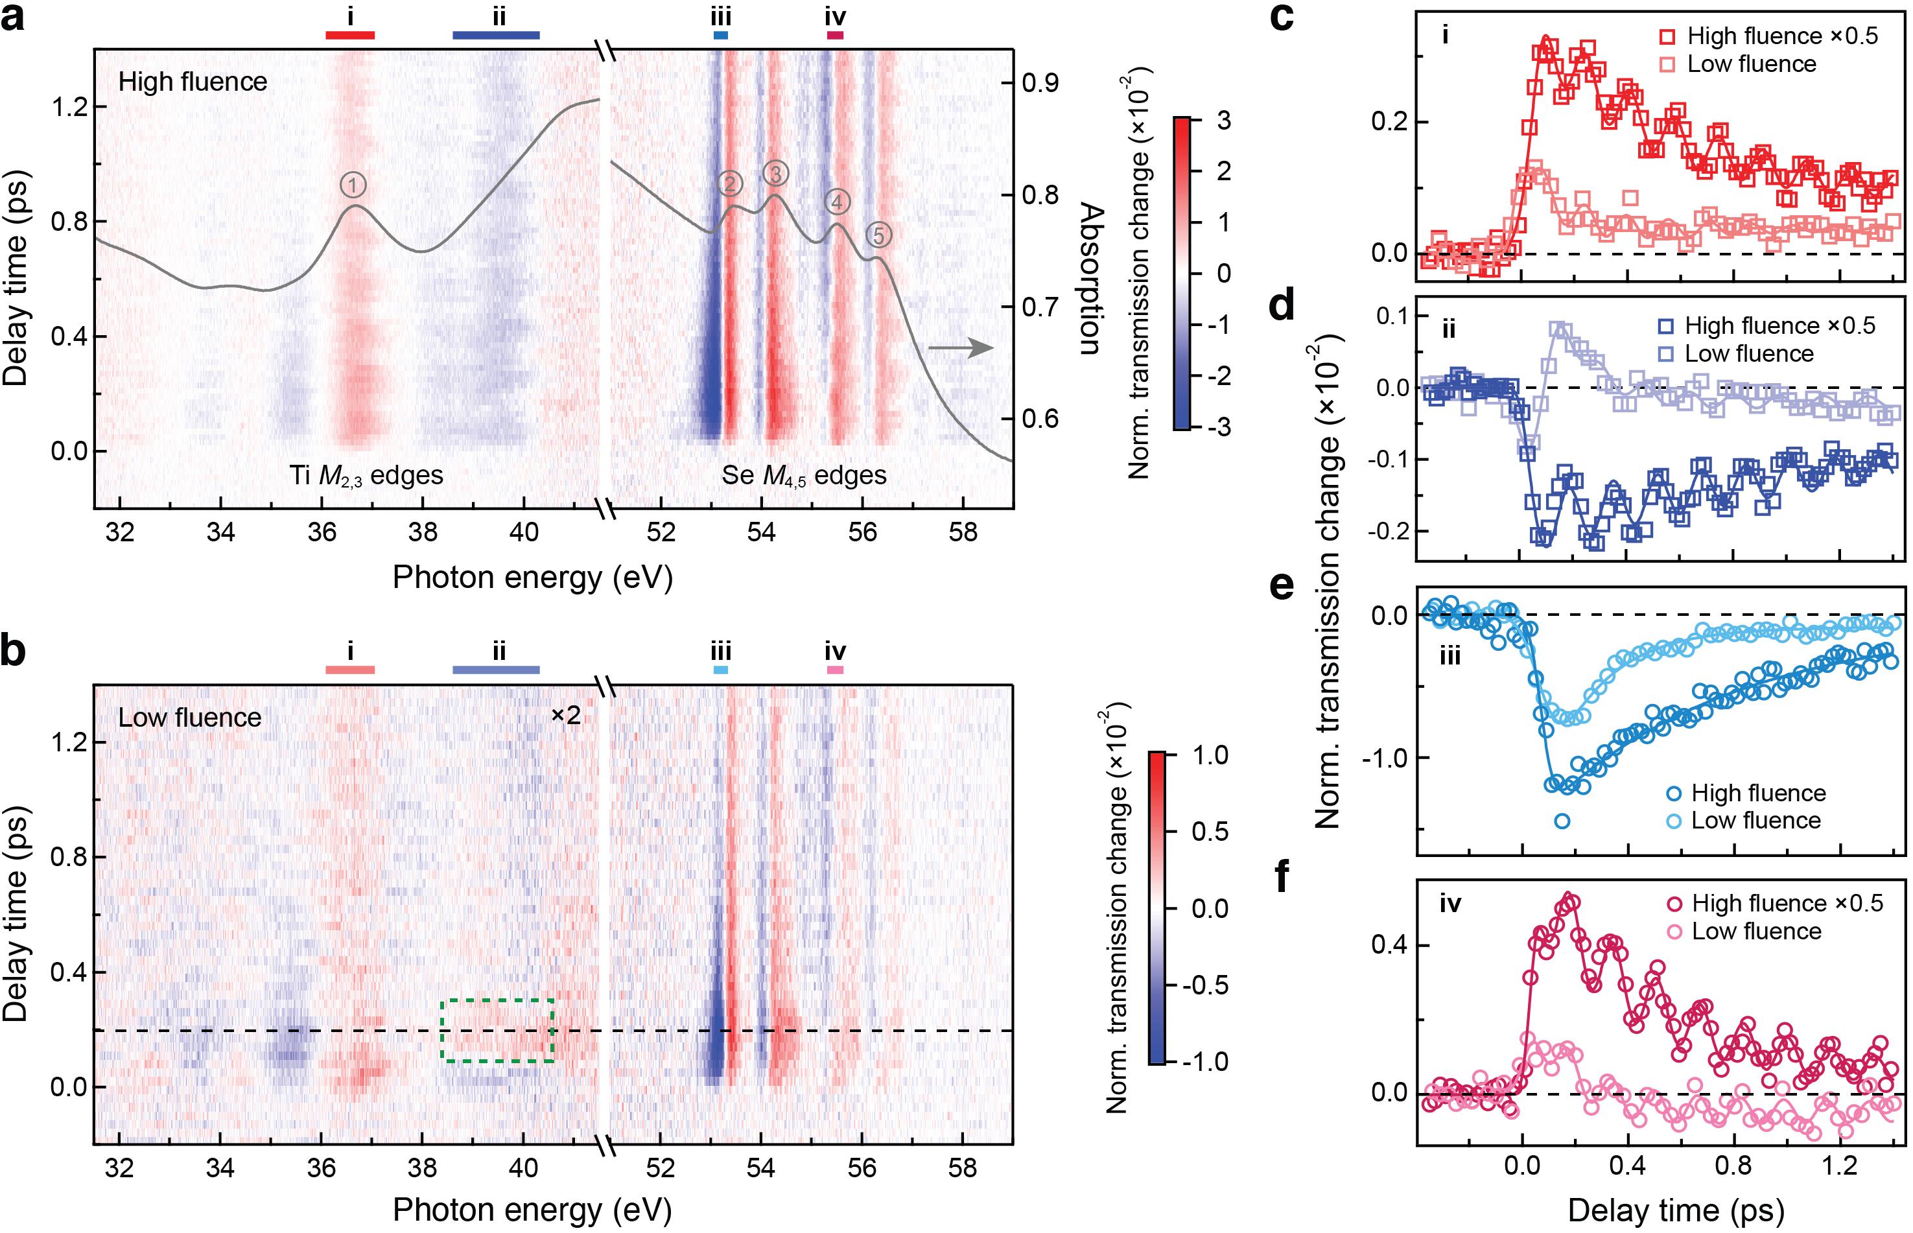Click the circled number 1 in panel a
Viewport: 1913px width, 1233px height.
pyautogui.click(x=353, y=185)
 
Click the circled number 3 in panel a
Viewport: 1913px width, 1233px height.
pyautogui.click(x=775, y=174)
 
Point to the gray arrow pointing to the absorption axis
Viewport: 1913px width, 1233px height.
pyautogui.click(x=961, y=347)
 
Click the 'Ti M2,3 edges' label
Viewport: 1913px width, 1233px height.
pyautogui.click(x=367, y=476)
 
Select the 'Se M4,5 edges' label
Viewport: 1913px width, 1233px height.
pyautogui.click(x=804, y=476)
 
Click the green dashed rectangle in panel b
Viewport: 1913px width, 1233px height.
pyautogui.click(x=497, y=1031)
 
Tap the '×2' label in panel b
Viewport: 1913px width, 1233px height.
pyautogui.click(x=566, y=715)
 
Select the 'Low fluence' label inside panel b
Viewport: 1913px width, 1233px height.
pyautogui.click(x=190, y=718)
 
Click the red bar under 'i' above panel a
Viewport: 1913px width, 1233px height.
pyautogui.click(x=350, y=35)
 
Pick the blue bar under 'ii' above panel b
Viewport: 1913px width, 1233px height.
pyautogui.click(x=497, y=670)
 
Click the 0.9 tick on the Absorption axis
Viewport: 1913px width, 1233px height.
pyautogui.click(x=1040, y=82)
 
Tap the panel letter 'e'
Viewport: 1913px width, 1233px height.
pyautogui.click(x=1282, y=586)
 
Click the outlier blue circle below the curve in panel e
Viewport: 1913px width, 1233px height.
pyautogui.click(x=1562, y=821)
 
